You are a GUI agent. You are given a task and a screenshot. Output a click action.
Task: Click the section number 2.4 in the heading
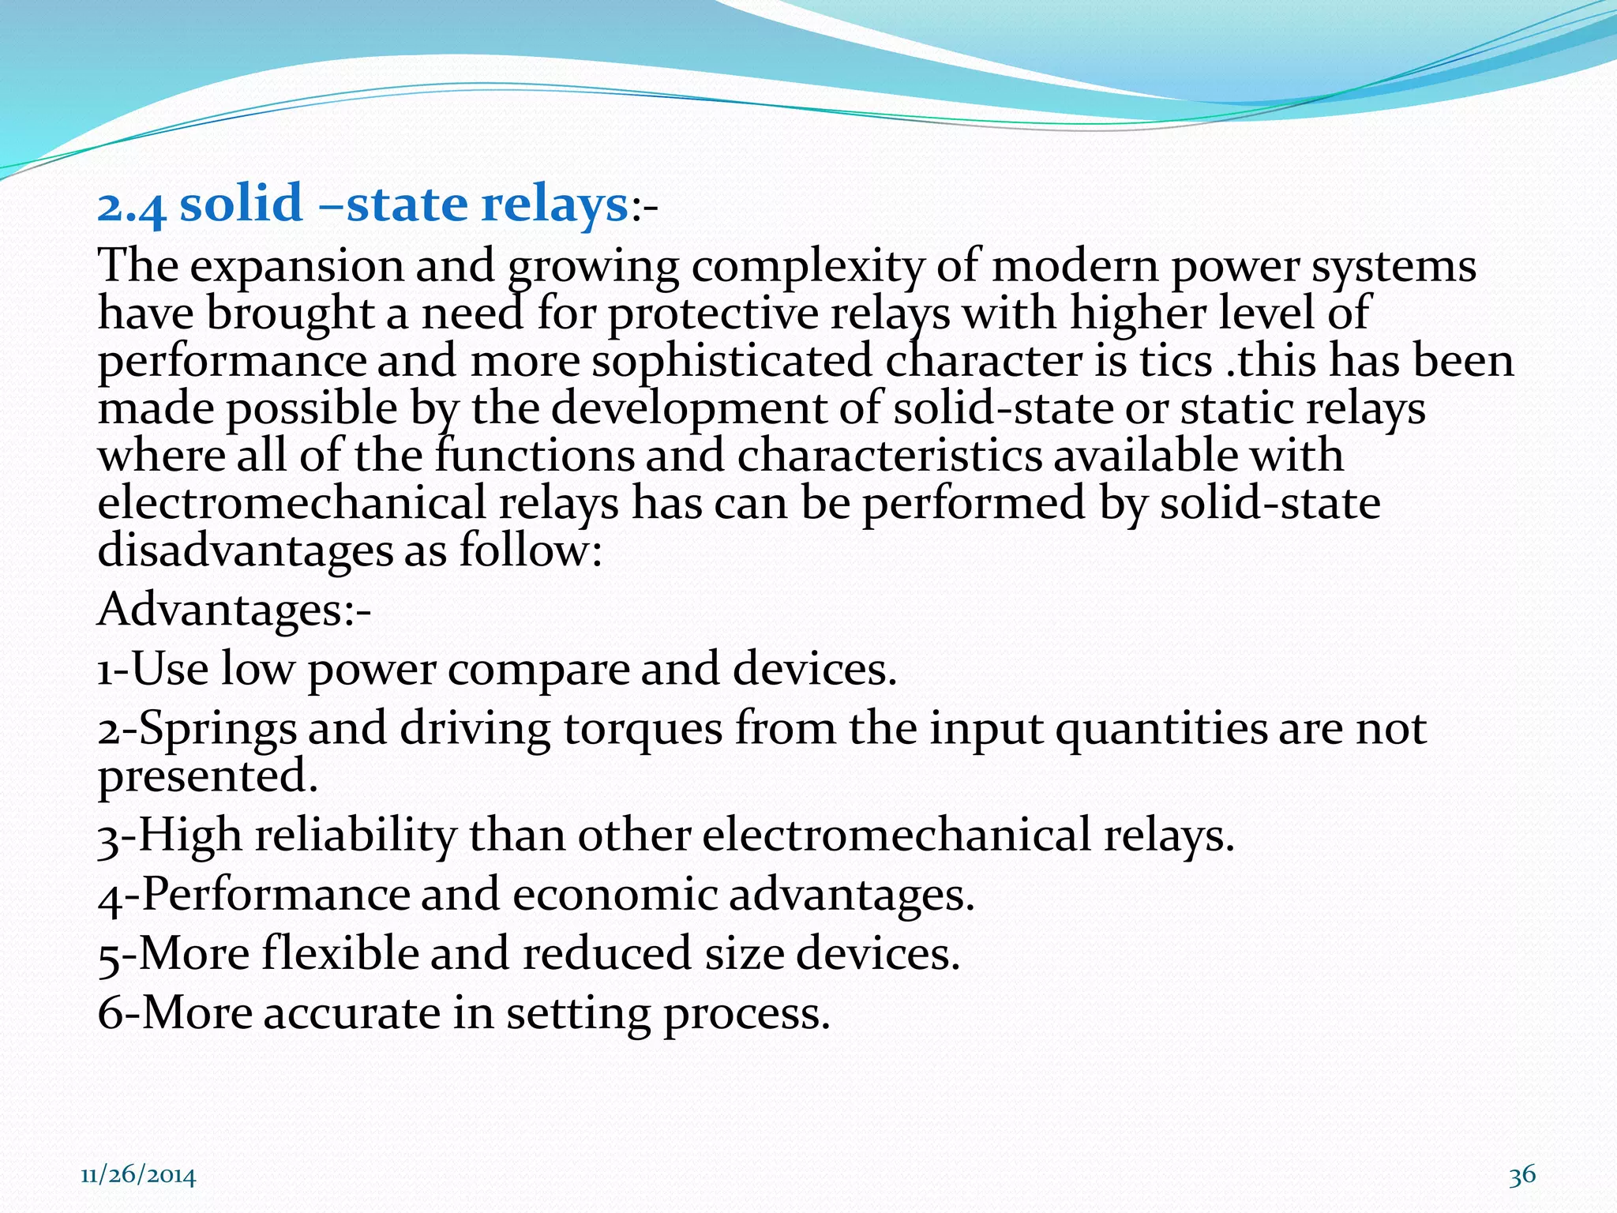pyautogui.click(x=131, y=205)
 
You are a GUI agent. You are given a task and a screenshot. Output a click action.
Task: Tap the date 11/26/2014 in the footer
pyautogui.click(x=138, y=1176)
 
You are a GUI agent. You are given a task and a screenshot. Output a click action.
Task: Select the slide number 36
pyautogui.click(x=1522, y=1174)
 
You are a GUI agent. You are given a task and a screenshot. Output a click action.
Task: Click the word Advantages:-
pyautogui.click(x=234, y=610)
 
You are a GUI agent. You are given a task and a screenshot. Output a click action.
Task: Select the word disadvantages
pyautogui.click(x=245, y=550)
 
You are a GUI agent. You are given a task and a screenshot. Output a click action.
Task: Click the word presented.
pyautogui.click(x=207, y=776)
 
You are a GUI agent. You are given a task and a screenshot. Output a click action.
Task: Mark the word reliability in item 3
pyautogui.click(x=355, y=836)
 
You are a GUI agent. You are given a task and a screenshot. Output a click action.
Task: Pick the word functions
pyautogui.click(x=535, y=456)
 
